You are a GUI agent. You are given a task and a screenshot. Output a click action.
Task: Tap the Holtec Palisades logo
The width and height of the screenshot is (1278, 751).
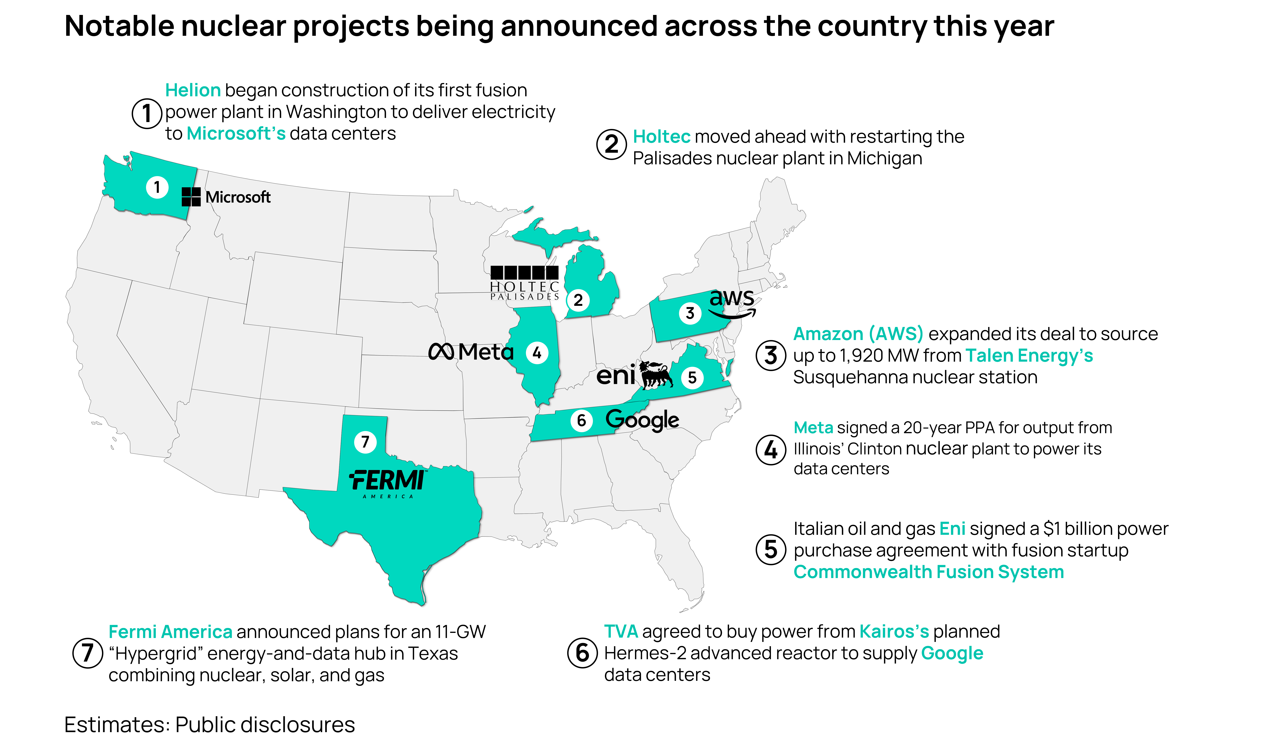[x=524, y=283]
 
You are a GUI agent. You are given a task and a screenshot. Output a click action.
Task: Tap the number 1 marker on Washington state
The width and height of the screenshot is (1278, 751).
[x=157, y=187]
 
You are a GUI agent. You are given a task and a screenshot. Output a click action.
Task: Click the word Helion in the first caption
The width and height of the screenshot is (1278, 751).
[x=193, y=90]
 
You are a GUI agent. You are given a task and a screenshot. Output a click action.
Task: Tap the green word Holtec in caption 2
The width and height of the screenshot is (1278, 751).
[x=661, y=136]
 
